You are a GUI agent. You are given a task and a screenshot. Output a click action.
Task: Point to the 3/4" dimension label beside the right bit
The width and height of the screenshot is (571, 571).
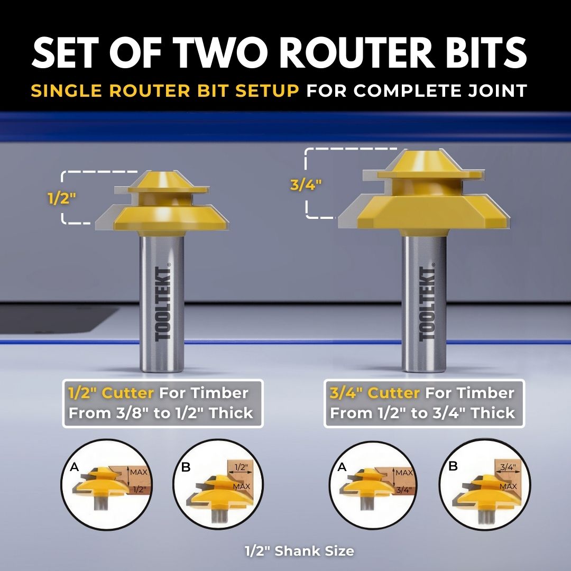pos(306,185)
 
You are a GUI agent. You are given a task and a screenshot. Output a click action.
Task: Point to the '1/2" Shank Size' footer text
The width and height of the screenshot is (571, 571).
pos(299,551)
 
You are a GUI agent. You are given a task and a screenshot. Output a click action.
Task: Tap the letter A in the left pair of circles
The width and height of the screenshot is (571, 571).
pos(75,467)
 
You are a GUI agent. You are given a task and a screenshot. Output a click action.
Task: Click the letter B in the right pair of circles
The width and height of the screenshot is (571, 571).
pos(453,466)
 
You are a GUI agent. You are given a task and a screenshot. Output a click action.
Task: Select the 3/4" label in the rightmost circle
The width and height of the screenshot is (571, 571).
pos(508,467)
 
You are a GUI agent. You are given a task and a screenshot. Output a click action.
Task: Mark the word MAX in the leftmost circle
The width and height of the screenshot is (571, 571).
pos(139,472)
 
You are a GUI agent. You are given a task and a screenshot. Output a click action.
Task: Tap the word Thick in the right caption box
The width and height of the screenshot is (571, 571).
pos(494,413)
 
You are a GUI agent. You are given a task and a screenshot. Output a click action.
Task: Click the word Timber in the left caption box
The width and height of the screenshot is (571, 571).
pos(220,393)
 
